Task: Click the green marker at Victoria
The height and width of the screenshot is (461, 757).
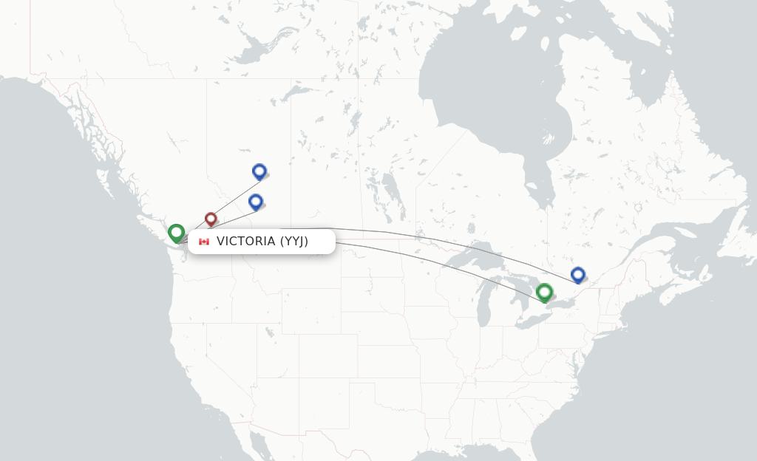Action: [x=176, y=233]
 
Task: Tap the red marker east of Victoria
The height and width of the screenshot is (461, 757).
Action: [x=211, y=219]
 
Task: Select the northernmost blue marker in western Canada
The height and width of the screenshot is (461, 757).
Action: [x=259, y=171]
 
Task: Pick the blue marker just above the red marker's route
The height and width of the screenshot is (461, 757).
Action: [x=256, y=202]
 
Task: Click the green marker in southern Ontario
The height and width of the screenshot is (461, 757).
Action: [x=545, y=293]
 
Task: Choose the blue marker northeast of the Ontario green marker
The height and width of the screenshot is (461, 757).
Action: [x=578, y=275]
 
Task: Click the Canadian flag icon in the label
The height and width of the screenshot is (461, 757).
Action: [x=204, y=242]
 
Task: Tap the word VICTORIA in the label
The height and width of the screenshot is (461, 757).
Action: [x=246, y=242]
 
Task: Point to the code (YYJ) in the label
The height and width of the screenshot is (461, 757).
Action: [x=294, y=242]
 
